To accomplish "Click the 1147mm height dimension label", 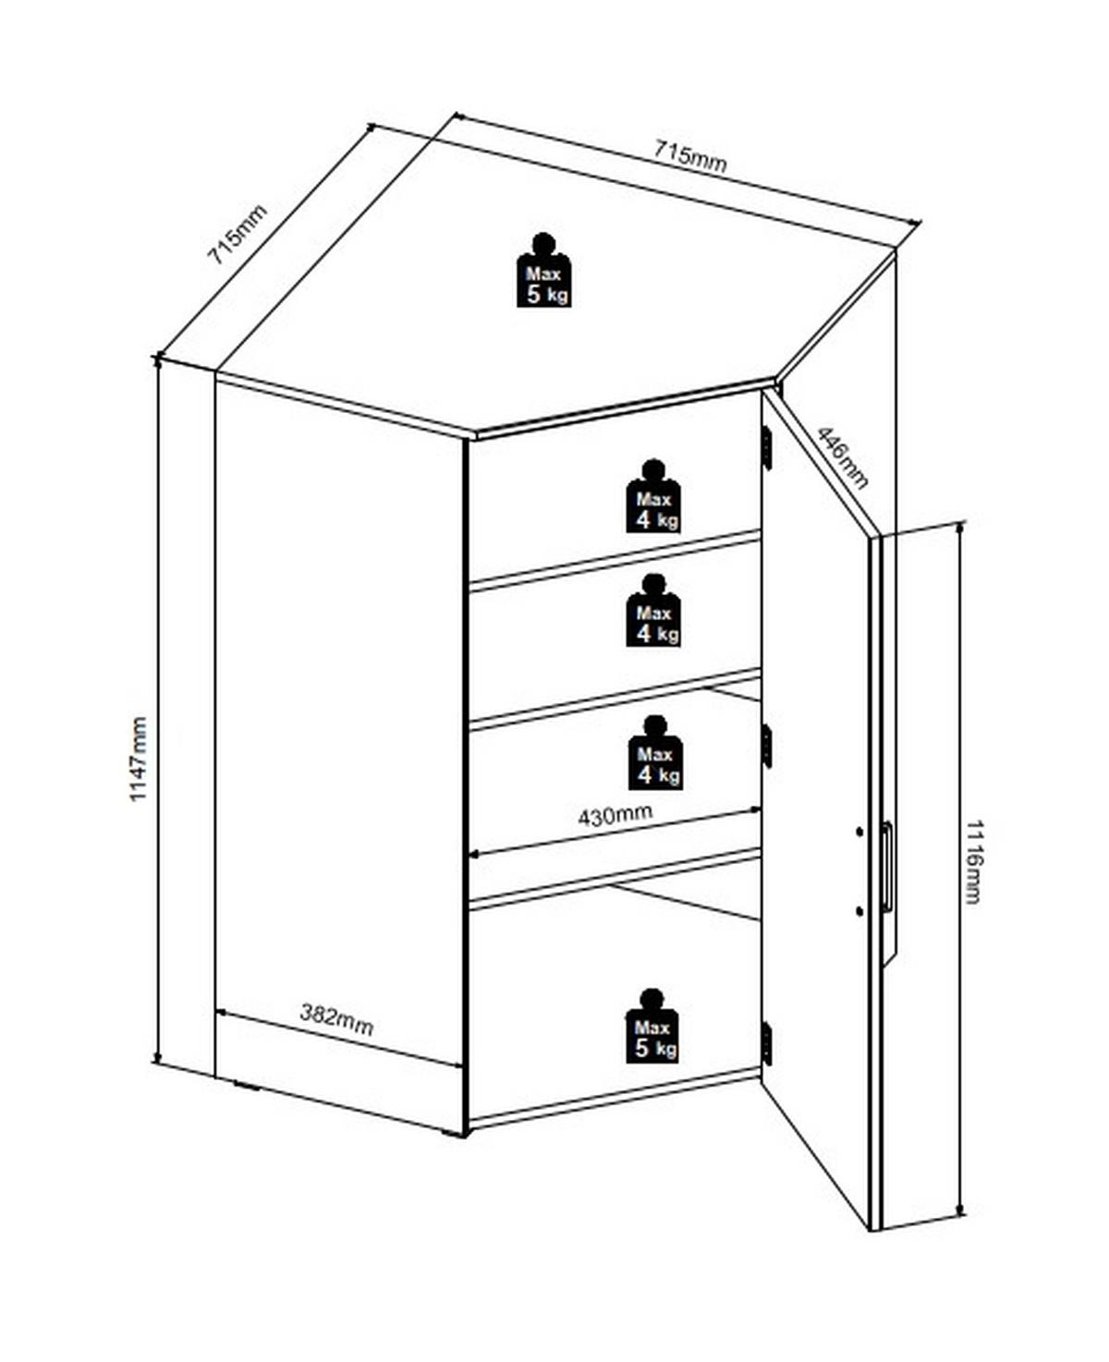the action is (138, 759).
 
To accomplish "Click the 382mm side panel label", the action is (336, 1019).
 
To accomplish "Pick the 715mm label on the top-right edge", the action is (690, 155).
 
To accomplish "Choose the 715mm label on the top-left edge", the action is (236, 235).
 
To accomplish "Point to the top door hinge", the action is (766, 446).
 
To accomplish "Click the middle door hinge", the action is (766, 746).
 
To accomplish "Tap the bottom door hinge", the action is (766, 1043).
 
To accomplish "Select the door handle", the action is (887, 867).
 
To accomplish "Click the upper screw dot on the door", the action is (859, 832).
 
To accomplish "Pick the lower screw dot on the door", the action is (859, 911).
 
